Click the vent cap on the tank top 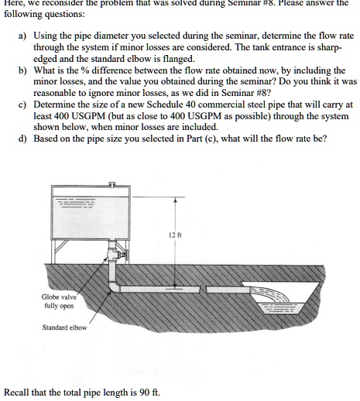(113, 185)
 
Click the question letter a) (23, 36)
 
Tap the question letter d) (23, 138)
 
